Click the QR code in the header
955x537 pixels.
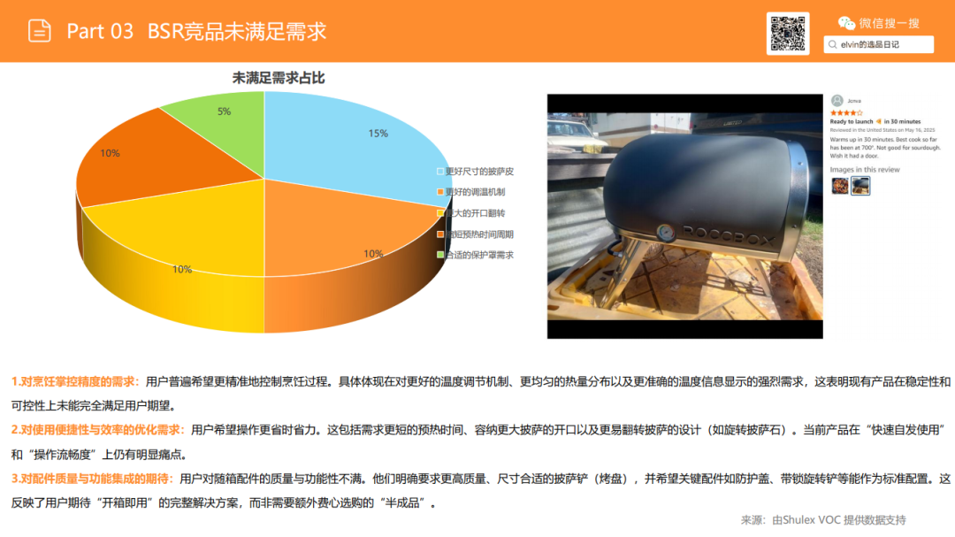click(787, 34)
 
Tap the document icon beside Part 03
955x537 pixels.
click(40, 31)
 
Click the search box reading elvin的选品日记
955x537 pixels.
click(878, 44)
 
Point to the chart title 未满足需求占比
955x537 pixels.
click(279, 78)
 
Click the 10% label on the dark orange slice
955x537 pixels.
click(110, 153)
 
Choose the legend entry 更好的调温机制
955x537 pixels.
click(475, 192)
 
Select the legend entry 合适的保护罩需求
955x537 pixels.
click(478, 255)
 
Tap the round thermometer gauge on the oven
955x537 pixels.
click(664, 233)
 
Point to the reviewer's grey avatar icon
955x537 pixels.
click(837, 101)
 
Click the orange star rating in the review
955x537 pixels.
click(846, 113)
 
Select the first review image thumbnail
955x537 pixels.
click(840, 185)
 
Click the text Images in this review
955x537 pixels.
click(864, 169)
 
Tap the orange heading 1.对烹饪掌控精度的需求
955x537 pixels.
click(75, 381)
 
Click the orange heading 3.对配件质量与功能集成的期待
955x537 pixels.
click(92, 479)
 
